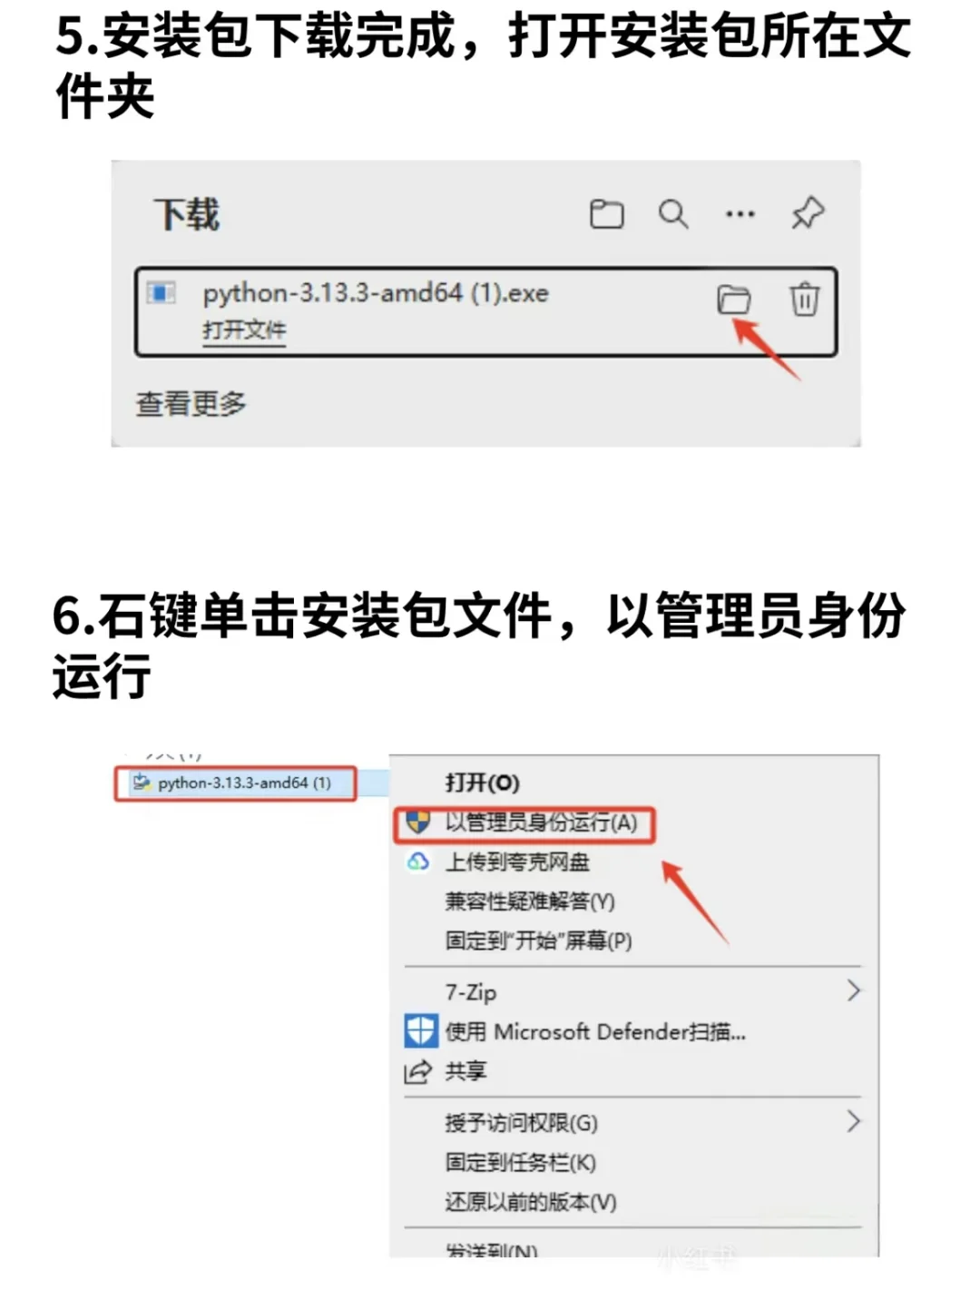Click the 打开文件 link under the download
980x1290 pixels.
click(243, 330)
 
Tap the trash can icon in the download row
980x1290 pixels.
click(804, 299)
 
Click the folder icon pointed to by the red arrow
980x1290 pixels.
click(733, 299)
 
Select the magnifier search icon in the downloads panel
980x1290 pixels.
click(672, 214)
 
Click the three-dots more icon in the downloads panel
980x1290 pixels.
click(740, 214)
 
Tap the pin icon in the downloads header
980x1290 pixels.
click(807, 214)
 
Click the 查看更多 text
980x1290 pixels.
click(191, 404)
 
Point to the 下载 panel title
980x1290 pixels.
click(187, 215)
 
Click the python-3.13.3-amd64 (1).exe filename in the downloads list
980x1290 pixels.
click(375, 293)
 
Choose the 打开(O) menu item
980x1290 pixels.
click(482, 783)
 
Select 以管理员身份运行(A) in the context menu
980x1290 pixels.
click(541, 822)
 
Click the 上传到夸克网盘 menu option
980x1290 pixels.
click(517, 862)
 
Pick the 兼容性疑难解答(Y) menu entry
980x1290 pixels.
click(530, 901)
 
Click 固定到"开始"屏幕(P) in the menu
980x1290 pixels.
click(538, 940)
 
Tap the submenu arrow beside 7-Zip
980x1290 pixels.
click(853, 990)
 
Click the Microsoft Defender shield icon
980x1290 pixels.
click(420, 1031)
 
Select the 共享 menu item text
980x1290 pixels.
click(465, 1071)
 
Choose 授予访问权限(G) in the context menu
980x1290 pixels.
click(521, 1123)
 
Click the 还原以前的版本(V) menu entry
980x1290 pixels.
click(530, 1202)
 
